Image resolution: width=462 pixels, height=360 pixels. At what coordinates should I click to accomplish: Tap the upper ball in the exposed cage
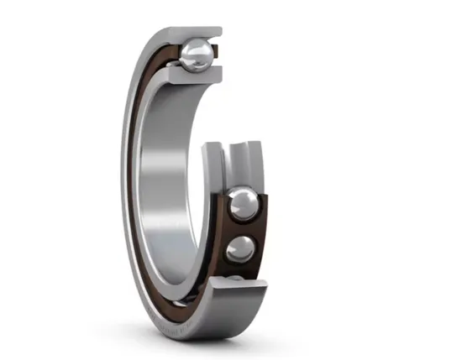coord(244,203)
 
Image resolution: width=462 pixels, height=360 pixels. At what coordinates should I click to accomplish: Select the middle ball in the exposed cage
coord(241,249)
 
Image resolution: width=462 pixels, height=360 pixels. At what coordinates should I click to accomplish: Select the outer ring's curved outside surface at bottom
coord(210,323)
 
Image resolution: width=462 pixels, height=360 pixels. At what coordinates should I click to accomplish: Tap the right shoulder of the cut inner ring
coord(255,164)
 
